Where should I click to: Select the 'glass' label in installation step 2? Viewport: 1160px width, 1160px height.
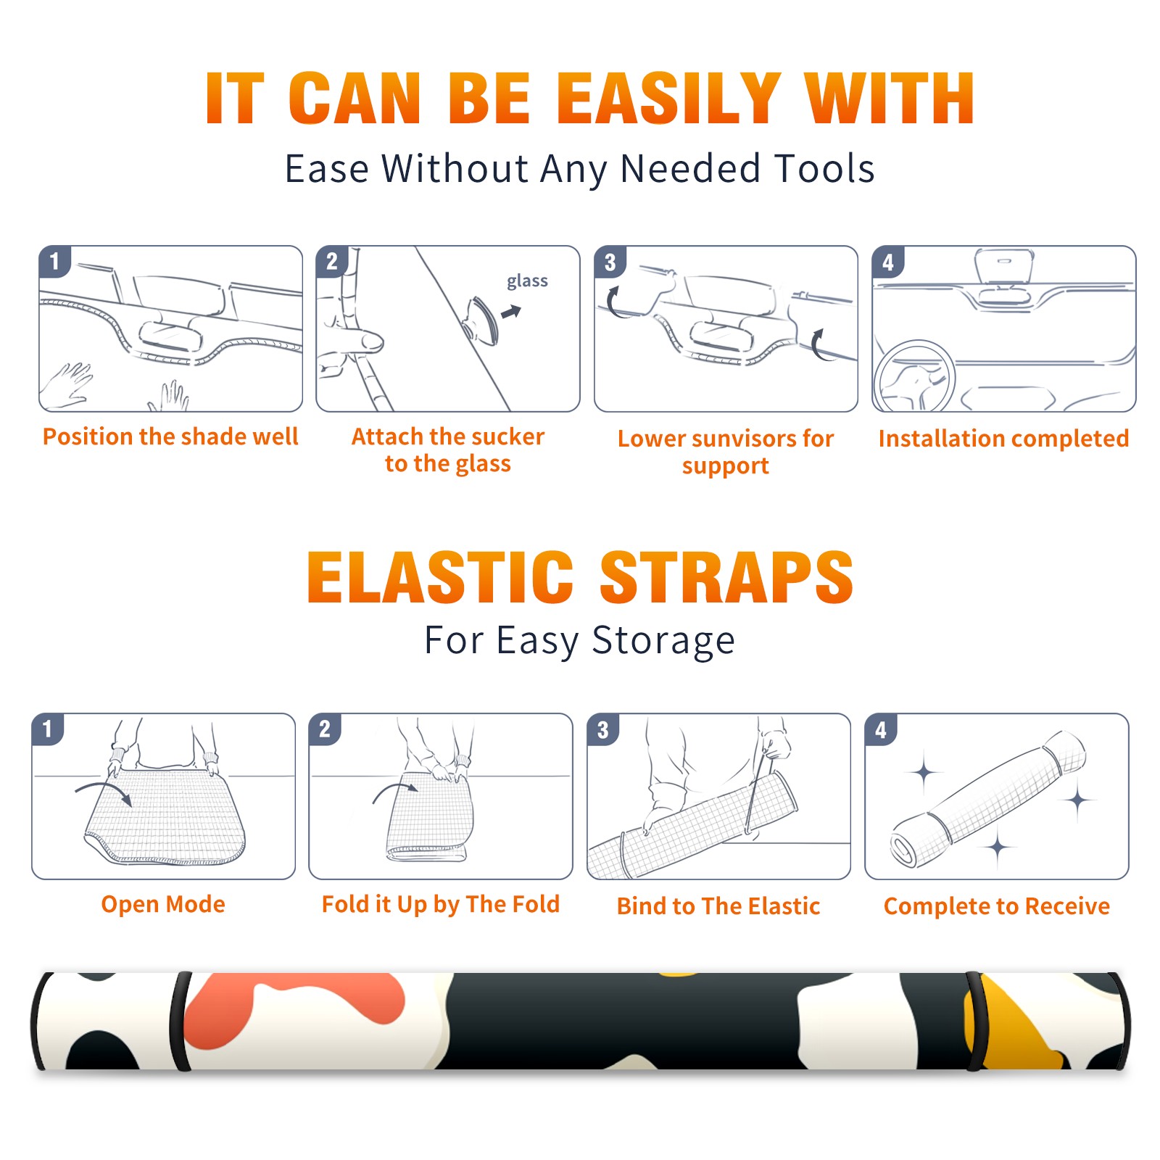pos(527,281)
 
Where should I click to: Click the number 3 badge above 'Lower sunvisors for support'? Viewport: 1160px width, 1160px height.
pos(609,262)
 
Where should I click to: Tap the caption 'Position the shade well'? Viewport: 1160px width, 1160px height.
pos(170,436)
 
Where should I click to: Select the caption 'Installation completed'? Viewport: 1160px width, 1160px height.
pos(1003,439)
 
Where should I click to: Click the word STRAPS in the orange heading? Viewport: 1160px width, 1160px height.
pos(726,577)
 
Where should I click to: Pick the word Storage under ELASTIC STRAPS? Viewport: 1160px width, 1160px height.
pos(663,641)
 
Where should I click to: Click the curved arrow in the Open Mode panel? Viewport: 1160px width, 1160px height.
pos(104,792)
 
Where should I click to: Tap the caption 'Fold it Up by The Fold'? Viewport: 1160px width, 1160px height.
pos(441,905)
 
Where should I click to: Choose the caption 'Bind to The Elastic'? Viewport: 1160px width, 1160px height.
pos(718,906)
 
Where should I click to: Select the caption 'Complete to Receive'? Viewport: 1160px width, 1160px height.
pos(997,906)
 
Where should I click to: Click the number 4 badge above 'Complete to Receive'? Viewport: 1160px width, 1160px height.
pos(881,729)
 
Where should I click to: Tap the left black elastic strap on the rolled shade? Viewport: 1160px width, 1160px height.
pos(181,1021)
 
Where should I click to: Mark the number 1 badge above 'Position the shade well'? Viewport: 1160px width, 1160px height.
pos(54,262)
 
